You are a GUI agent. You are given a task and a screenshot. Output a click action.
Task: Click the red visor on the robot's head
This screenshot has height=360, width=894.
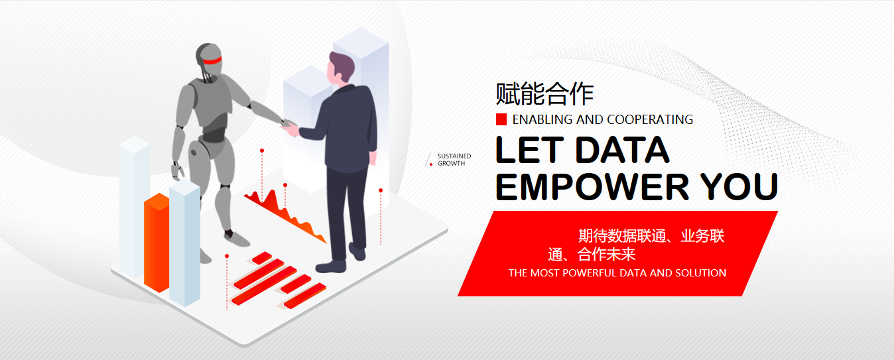212,61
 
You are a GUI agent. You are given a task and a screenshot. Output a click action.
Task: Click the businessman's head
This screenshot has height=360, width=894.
340,68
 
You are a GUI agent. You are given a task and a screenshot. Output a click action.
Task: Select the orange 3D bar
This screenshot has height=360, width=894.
157,242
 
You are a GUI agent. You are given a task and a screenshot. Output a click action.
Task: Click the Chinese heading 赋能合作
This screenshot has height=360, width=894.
544,94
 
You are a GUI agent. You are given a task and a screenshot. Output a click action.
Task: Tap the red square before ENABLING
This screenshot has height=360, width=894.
501,119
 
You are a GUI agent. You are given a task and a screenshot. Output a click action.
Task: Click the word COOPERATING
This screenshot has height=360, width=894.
650,119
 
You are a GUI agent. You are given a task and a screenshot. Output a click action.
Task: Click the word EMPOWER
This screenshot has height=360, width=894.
592,186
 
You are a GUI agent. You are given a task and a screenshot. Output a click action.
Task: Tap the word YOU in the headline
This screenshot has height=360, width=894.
739,186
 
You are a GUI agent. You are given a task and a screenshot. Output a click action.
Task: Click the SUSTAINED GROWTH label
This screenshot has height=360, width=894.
454,160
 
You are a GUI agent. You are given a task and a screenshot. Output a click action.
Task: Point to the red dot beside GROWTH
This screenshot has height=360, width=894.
431,164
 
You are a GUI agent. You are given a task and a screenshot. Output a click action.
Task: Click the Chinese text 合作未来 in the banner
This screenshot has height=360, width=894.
606,255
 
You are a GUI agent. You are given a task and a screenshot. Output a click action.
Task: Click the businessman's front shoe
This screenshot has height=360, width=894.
331,267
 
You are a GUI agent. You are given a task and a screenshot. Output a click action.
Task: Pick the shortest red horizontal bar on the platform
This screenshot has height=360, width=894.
262,258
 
